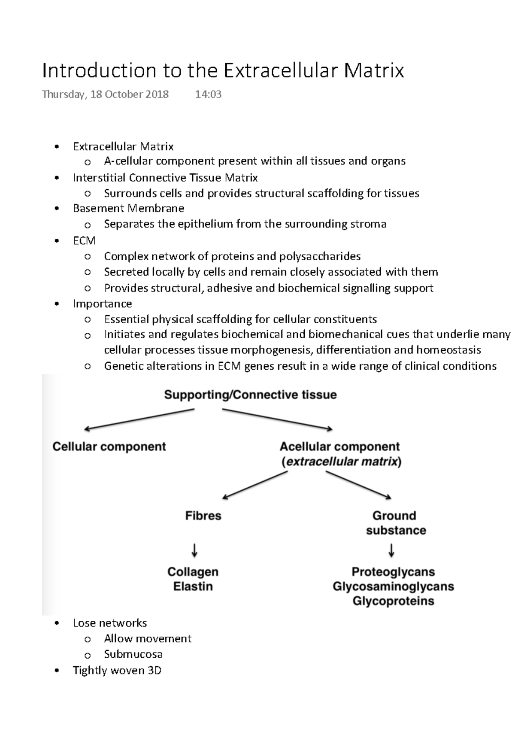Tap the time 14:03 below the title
click(208, 94)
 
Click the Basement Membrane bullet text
click(129, 208)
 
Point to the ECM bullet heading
click(84, 240)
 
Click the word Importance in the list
click(102, 304)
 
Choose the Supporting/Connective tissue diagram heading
click(250, 395)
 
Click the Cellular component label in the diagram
click(109, 447)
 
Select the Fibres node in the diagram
click(203, 515)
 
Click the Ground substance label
click(395, 522)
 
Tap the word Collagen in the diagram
click(193, 572)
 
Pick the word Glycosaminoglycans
click(393, 586)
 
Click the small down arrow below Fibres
click(194, 550)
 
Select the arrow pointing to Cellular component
click(139, 419)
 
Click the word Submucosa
click(133, 654)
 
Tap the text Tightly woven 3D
click(117, 670)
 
